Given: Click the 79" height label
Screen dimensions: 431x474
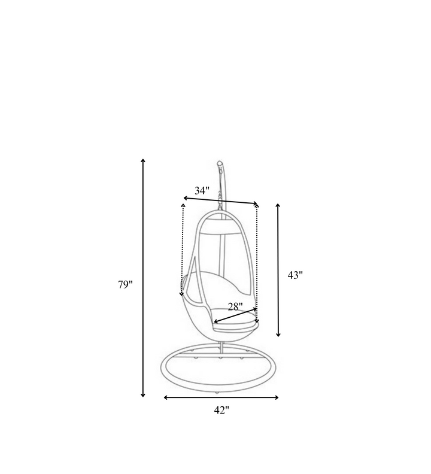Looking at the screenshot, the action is click(x=125, y=284).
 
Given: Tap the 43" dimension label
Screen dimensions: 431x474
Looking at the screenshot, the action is click(x=295, y=275).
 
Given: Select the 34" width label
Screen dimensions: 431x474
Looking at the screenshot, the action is click(x=202, y=191).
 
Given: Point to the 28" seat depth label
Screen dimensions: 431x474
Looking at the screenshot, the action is click(x=235, y=307).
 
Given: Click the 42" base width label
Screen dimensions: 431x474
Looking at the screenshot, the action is click(x=221, y=410).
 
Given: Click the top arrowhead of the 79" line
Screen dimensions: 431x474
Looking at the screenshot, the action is click(x=143, y=160).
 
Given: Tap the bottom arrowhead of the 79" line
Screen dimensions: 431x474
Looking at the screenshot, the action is click(x=143, y=395).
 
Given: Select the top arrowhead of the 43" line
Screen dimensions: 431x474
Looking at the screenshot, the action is click(x=278, y=206).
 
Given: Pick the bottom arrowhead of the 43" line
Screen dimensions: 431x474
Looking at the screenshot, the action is click(x=278, y=335).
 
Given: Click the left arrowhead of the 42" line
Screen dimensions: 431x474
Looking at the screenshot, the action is click(x=166, y=397).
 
